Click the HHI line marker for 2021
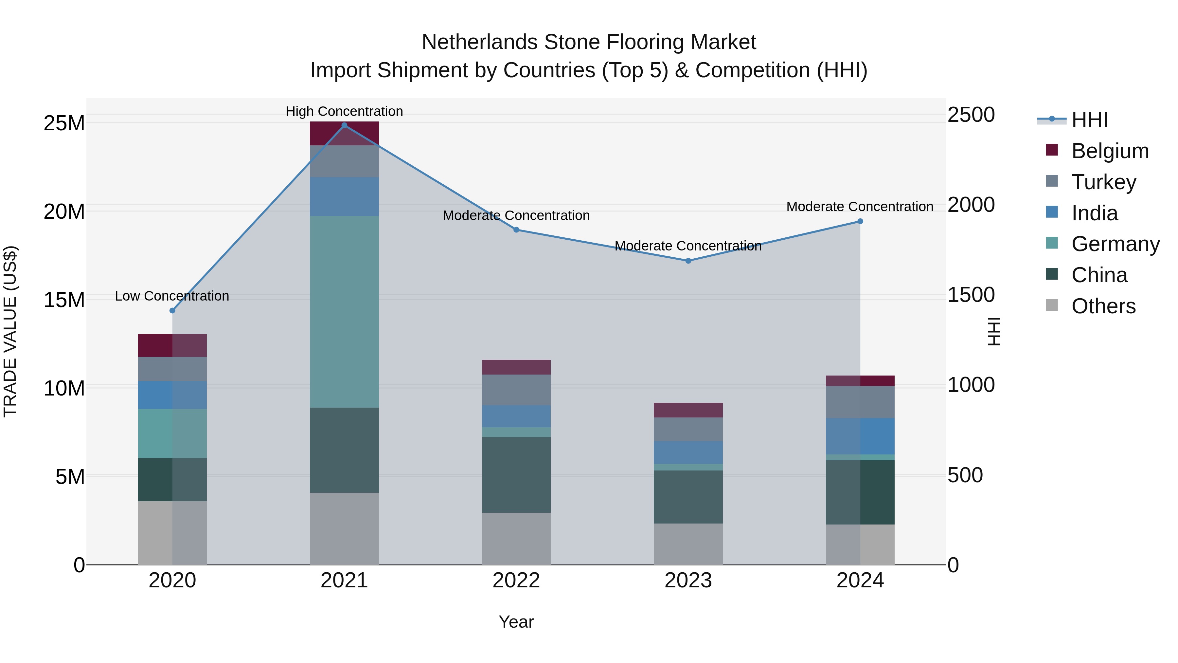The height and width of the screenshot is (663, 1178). click(344, 125)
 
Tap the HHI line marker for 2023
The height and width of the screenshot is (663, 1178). click(688, 261)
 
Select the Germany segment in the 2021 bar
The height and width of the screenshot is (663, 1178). click(344, 312)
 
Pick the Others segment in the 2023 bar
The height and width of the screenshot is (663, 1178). click(688, 544)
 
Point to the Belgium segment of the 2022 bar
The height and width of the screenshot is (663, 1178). click(516, 367)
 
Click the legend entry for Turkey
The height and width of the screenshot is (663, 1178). click(1103, 182)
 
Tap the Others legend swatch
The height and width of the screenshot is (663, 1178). click(1052, 305)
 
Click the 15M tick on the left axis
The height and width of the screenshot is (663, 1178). click(64, 300)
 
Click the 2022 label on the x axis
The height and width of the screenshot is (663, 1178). click(516, 580)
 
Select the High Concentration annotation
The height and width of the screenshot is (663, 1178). click(344, 111)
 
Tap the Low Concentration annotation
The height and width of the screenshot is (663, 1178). click(172, 296)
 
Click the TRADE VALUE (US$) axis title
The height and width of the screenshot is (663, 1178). click(10, 331)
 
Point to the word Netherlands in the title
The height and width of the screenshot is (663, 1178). click(479, 42)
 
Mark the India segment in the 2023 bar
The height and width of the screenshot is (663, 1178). click(688, 452)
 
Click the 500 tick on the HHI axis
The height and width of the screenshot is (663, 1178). click(965, 475)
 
